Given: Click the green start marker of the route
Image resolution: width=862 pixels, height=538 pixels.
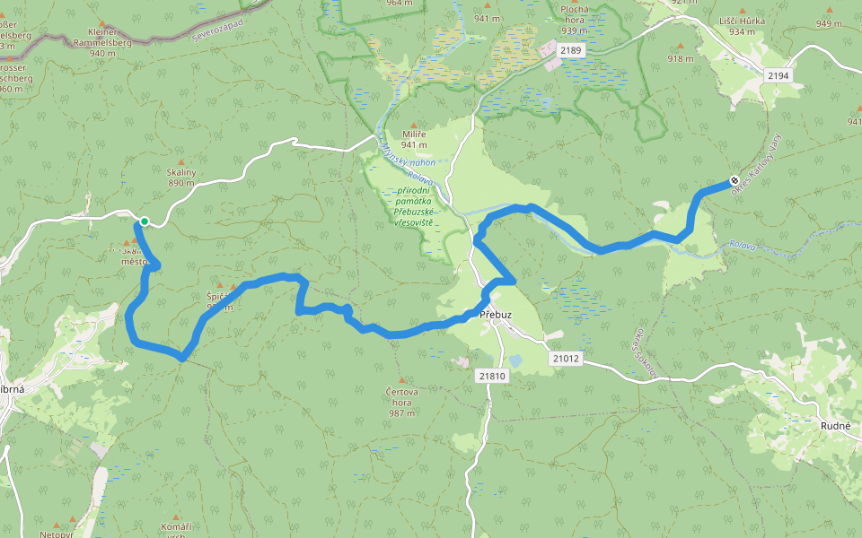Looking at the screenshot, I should [x=144, y=221].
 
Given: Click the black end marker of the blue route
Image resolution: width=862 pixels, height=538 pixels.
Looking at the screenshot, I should [x=734, y=180].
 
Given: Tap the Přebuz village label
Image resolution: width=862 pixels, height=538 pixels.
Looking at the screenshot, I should [x=495, y=315].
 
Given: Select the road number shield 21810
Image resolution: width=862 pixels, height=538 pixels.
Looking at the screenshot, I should [x=492, y=376].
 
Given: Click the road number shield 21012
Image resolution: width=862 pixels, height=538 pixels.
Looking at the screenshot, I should [x=566, y=358].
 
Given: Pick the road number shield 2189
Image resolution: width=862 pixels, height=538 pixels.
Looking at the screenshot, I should [x=570, y=51].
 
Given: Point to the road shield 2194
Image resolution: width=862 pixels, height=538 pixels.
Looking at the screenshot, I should [x=778, y=76].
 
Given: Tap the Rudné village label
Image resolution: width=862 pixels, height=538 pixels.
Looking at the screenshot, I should [x=835, y=426].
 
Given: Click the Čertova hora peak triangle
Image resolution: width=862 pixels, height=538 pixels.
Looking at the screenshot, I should [x=401, y=380].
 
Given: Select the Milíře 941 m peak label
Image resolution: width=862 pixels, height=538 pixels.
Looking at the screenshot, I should [x=413, y=139].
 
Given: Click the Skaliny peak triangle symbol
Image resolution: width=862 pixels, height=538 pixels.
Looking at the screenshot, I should [x=180, y=162].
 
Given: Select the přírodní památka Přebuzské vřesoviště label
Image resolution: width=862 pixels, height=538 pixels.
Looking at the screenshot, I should [x=415, y=205].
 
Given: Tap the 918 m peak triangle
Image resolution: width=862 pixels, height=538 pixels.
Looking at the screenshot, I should [x=680, y=46].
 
